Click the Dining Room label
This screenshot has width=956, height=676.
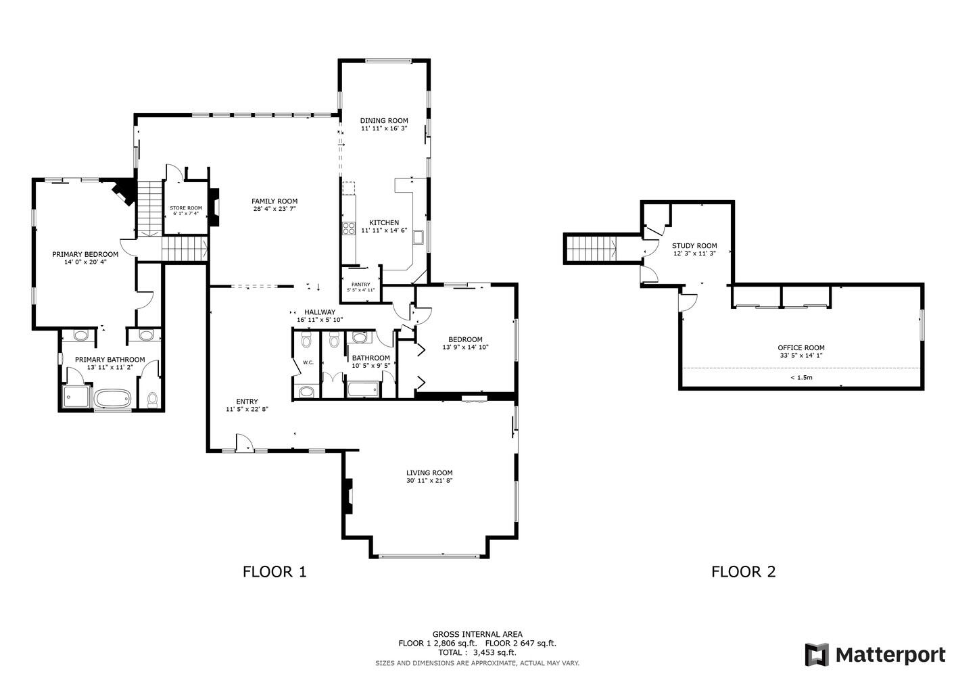383,120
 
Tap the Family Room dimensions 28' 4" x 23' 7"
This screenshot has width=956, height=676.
274,209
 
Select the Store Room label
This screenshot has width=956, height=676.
186,208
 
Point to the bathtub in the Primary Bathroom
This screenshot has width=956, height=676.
113,398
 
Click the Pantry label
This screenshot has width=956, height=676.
360,284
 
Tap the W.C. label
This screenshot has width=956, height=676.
308,362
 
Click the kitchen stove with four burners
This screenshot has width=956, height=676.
349,228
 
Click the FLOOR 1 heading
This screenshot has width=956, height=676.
274,572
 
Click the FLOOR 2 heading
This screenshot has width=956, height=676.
743,572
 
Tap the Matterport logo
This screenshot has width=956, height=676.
875,654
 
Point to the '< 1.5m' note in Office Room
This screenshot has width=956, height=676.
800,377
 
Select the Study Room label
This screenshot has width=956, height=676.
694,246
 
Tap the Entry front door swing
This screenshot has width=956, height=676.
243,443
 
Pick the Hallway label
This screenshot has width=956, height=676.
320,312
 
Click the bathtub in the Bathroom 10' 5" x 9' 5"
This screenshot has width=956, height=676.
364,389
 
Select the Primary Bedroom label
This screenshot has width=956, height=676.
85,254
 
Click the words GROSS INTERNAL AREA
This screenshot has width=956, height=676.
477,634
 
